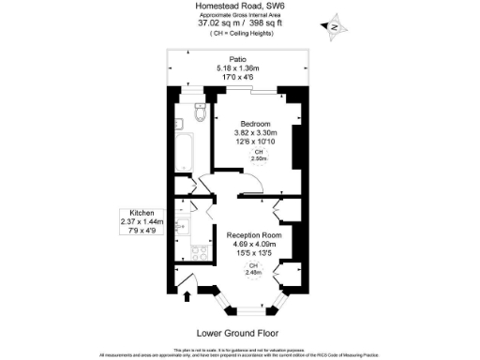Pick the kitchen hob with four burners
[x=198, y=250]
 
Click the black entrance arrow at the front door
[x=188, y=299]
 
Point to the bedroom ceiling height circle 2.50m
[x=259, y=156]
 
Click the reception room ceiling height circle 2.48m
[x=252, y=268]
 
